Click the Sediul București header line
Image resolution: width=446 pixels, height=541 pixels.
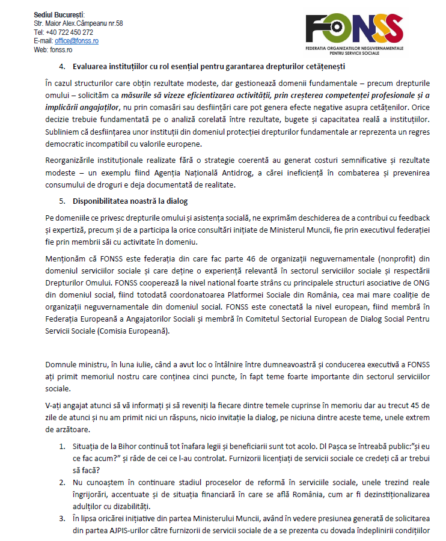click(x=60, y=14)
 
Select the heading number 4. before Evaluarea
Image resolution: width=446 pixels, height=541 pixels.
click(x=63, y=66)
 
